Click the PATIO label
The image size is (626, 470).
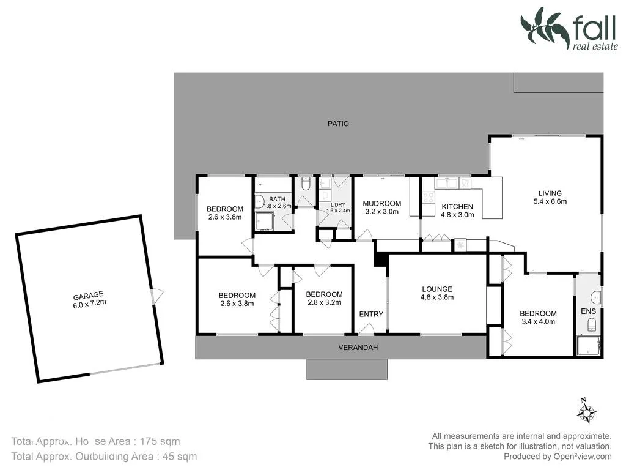(x=338, y=124)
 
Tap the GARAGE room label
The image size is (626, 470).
(x=89, y=294)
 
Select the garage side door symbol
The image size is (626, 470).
(x=158, y=297)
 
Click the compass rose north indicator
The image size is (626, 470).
(x=586, y=411)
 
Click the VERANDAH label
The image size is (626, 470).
(x=358, y=348)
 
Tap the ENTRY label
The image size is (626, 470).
(x=371, y=314)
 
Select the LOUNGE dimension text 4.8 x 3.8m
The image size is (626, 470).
(x=436, y=298)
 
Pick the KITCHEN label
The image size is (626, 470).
(x=457, y=207)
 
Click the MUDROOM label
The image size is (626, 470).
(x=381, y=204)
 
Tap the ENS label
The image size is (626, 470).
(x=587, y=311)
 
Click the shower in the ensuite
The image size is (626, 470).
(x=589, y=345)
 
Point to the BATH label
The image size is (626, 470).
(x=277, y=199)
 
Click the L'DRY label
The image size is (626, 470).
(x=338, y=204)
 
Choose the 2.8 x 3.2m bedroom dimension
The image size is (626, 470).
(x=324, y=302)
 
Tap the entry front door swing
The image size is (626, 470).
(x=366, y=329)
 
